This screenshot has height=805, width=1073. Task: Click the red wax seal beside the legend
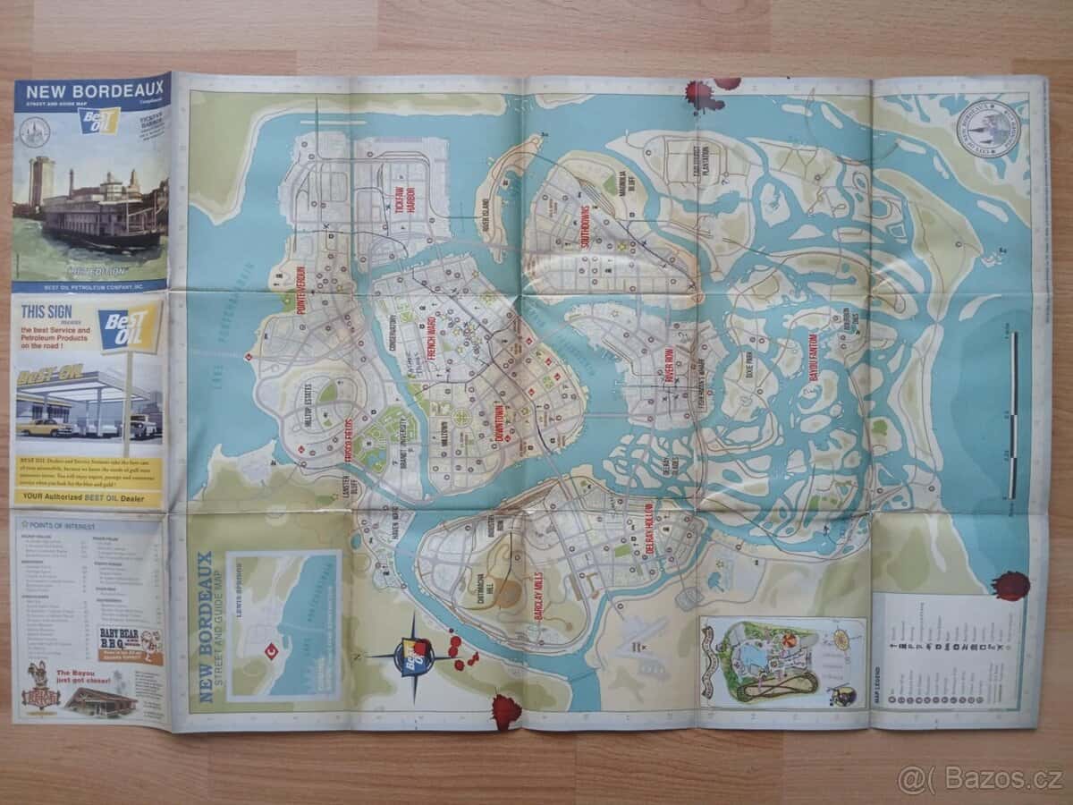click(1011, 587)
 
